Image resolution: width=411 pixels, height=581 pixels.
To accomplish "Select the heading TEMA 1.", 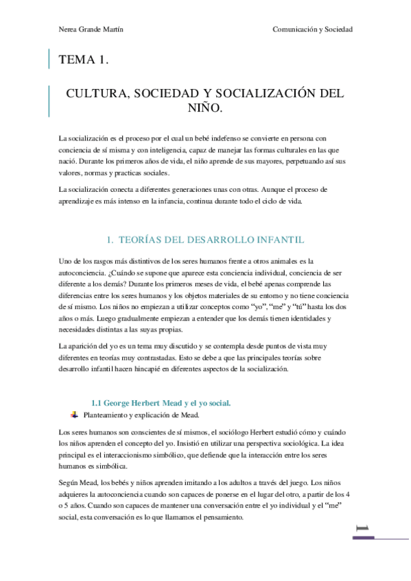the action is (84, 60).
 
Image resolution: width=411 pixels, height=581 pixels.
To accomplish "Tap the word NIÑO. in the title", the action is (205, 108).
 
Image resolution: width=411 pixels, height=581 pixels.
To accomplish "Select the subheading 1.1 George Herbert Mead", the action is (161, 403).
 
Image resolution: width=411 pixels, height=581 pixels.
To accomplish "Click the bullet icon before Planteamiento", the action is (75, 415).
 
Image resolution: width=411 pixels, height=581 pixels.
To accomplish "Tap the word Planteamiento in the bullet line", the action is (106, 415).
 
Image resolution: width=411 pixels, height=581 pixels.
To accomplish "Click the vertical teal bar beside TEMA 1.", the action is (49, 60).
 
